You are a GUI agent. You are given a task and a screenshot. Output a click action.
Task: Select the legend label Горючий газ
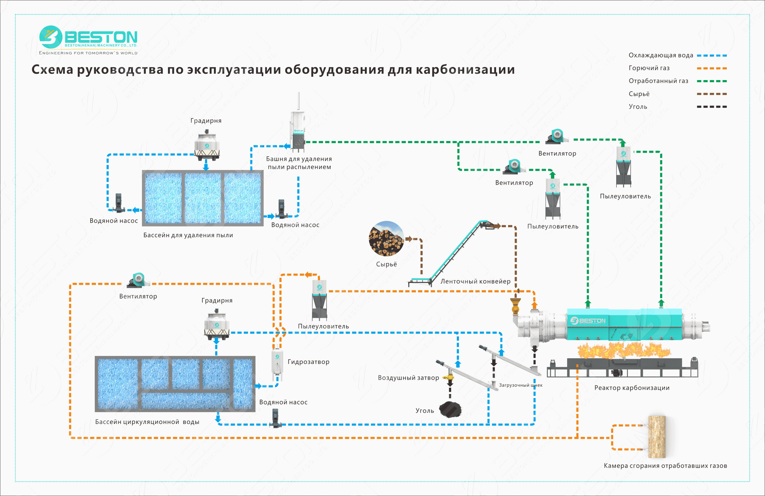click(649, 68)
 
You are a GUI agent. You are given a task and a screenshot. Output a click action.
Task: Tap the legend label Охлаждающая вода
click(660, 55)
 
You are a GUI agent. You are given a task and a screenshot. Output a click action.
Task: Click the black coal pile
click(450, 410)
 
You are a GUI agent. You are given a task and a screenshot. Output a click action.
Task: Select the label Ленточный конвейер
click(475, 281)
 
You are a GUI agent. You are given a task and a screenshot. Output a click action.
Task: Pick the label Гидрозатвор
click(308, 362)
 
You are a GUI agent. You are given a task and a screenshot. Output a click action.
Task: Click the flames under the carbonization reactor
click(624, 350)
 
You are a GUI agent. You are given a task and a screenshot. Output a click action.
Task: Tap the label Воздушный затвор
click(408, 378)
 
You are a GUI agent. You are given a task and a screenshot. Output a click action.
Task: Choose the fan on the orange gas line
click(138, 280)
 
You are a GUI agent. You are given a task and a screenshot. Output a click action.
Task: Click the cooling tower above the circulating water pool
click(217, 325)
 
